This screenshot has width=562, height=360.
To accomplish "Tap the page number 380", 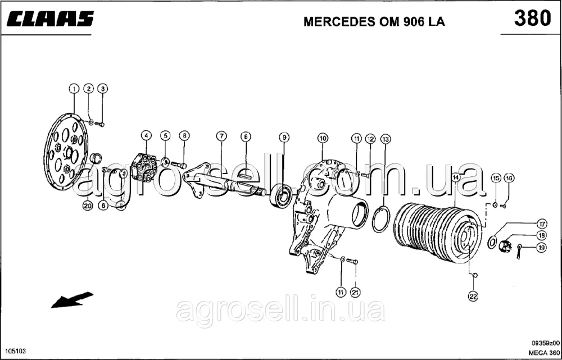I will pos(532,19).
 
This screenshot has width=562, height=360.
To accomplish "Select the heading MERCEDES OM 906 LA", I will pos(374,22).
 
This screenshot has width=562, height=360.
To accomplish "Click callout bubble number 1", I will pos(74,88).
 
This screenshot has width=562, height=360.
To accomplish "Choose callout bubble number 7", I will pos(222,136).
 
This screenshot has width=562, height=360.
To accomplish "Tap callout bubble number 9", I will pos(284,136).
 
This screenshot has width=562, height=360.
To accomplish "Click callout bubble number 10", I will pos(322,137).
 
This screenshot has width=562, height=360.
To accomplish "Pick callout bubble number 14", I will pos(455,177).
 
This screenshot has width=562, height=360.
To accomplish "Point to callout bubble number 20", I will pos(87,206).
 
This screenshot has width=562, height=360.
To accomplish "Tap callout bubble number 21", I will pos(355,291).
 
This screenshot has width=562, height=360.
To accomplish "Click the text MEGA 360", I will pos(542,353).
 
